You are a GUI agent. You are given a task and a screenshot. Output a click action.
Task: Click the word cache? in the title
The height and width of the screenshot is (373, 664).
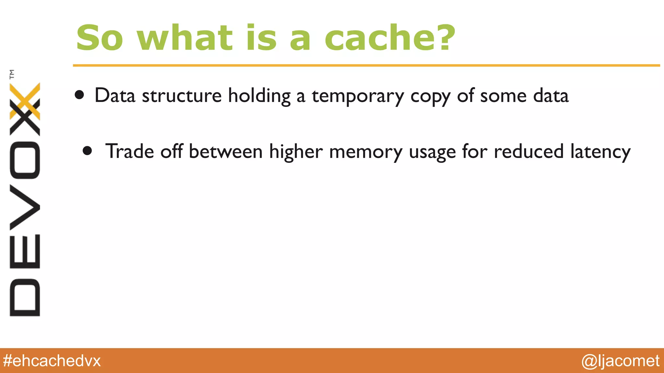390,38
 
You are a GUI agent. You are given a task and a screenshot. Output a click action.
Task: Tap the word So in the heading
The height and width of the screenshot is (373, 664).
100,38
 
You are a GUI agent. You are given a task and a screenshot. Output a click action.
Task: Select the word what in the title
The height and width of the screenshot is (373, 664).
185,38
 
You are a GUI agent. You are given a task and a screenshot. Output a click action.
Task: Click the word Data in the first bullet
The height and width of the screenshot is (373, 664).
115,96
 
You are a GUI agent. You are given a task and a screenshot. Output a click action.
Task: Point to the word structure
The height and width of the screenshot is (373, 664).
182,96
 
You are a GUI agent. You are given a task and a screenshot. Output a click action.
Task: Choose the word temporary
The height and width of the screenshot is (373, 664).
358,96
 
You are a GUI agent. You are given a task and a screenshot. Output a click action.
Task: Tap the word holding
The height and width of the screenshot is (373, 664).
259,96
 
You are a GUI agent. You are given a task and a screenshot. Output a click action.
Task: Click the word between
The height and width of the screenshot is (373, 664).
226,151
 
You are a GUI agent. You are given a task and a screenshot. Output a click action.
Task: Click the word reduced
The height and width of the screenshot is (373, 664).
529,151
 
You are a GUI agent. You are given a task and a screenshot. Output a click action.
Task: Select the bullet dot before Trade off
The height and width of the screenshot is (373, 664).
87,151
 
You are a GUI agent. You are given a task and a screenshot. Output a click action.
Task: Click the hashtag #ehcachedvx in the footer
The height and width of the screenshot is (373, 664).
52,361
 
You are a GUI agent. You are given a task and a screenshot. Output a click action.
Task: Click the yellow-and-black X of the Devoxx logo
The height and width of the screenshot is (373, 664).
25,109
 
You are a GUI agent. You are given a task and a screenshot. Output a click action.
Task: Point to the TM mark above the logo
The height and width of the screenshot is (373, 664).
12,74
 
